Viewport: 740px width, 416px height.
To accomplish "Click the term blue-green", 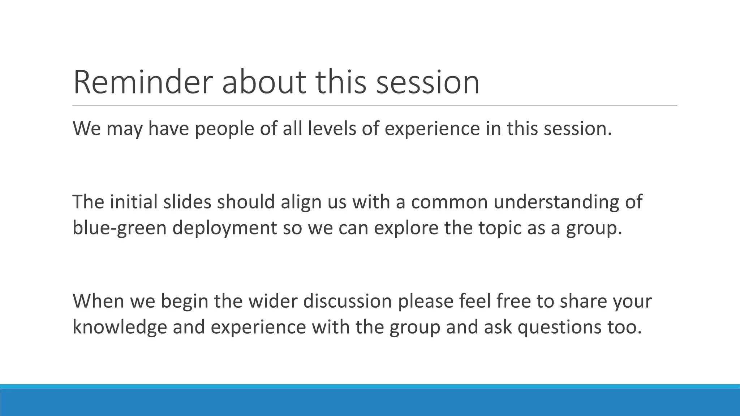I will [x=119, y=228].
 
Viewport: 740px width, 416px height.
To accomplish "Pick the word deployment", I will [x=224, y=228].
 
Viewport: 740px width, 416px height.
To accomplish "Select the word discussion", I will [x=348, y=301].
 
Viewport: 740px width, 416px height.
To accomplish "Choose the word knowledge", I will [x=120, y=327].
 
